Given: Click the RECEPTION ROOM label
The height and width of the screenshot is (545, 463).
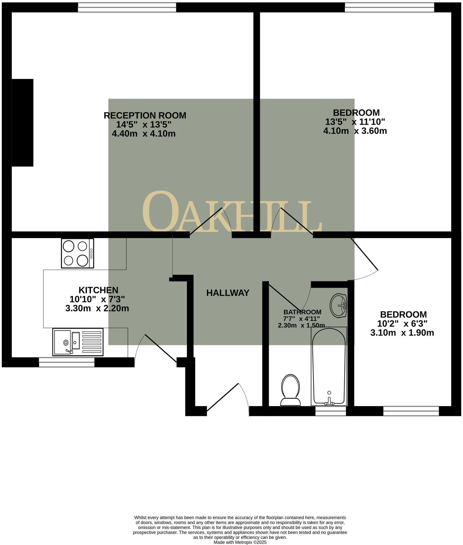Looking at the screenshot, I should tap(145, 116).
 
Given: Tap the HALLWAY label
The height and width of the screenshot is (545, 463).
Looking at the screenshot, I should tap(227, 293).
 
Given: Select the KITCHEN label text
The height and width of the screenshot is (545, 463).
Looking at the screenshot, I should tap(99, 290).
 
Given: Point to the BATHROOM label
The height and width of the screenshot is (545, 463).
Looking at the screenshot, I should tap(302, 312).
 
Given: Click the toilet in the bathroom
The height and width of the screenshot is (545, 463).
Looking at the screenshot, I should tap(290, 390).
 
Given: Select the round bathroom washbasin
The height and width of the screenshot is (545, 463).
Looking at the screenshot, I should tap(338, 305).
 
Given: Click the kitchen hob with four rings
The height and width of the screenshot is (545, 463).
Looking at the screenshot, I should tap(78, 253).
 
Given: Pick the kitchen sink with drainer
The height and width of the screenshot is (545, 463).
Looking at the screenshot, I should tap(78, 342).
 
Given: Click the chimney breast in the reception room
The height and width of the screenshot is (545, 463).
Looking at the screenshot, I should tap(22, 123).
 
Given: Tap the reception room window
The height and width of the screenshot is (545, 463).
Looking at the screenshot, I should tap(127, 7).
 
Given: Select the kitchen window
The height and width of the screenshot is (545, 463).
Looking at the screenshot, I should tap(66, 362).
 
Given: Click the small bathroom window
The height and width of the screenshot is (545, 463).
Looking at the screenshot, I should tap(331, 411).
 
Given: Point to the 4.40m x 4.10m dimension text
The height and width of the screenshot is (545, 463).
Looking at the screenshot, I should tap(144, 134).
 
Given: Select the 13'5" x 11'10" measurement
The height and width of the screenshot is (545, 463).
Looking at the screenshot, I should tap(355, 122).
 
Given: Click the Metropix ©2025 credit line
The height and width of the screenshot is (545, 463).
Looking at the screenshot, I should tap(240, 542).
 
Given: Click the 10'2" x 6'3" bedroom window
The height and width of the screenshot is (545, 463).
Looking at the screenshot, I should tap(411, 411).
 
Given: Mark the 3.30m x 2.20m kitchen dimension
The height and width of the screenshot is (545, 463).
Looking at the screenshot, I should tap(97, 308).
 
